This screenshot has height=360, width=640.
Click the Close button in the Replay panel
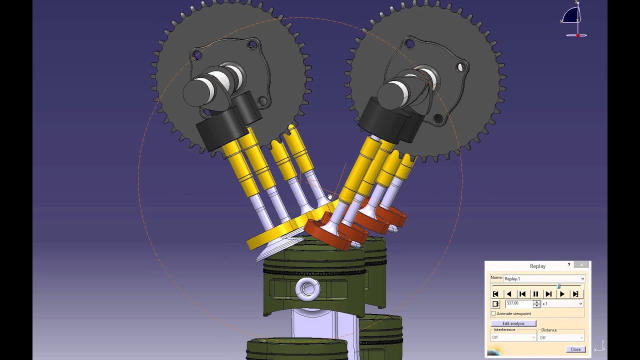pos(575,349)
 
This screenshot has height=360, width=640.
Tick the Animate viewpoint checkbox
pos(493,313)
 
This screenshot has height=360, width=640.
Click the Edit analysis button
pos(513,323)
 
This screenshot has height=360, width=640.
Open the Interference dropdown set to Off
pos(513,337)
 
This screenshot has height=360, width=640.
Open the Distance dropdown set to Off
pos(560,337)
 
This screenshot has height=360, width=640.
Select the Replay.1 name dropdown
pos(544,278)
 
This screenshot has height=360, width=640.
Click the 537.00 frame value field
pos(518,303)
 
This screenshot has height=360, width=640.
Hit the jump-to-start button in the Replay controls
pos(495,294)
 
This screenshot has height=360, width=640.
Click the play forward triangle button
pos(562,294)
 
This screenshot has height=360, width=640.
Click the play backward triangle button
pos(509,294)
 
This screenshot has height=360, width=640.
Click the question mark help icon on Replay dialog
pos(569,265)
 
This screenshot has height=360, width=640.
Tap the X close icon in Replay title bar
pos(581,265)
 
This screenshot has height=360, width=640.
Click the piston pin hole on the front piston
pos(308,288)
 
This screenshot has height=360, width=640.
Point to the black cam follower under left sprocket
pos(216,129)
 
